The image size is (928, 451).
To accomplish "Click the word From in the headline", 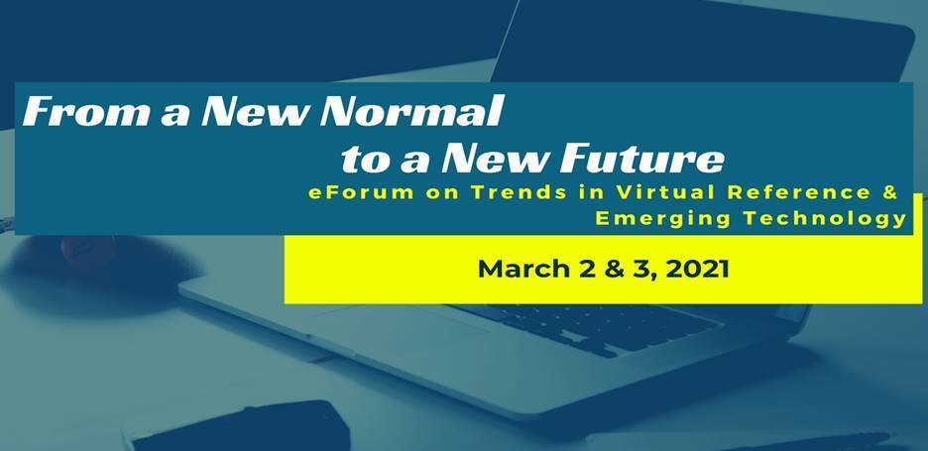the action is tap(86, 111).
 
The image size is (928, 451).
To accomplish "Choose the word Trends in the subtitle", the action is tap(519, 193).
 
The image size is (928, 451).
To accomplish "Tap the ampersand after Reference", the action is tap(889, 193).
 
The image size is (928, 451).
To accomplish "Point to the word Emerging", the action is tap(663, 218).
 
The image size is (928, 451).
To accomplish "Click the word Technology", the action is tap(826, 218).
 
